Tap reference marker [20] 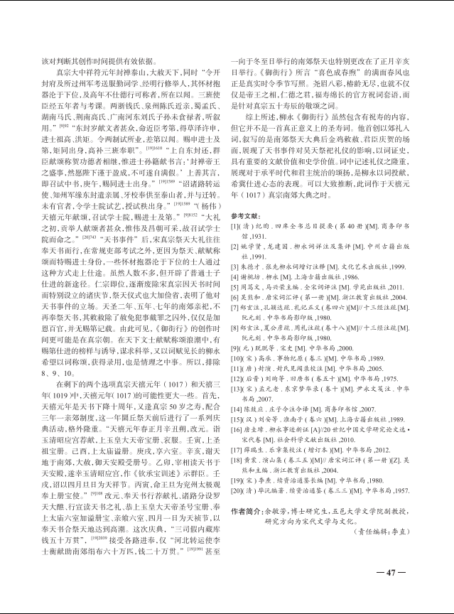point(237,490)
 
